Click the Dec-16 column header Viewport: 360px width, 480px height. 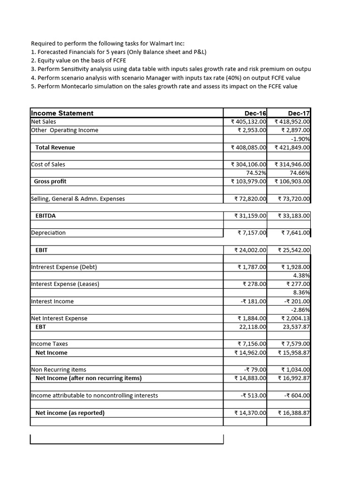(255, 113)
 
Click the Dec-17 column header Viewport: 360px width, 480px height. (299, 113)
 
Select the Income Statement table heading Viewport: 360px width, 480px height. (62, 113)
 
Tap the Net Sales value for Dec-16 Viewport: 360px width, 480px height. (249, 122)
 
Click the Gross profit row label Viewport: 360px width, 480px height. (50, 181)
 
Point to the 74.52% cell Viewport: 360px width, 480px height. (256, 173)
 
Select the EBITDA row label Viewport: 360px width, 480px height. (46, 216)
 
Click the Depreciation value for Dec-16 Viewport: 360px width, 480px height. (252, 232)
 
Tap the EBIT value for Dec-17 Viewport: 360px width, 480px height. (294, 250)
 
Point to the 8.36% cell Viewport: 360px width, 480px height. (301, 292)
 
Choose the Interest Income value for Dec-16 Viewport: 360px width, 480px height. (253, 301)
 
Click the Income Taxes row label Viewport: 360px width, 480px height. (49, 344)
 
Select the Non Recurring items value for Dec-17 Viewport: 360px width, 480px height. (295, 369)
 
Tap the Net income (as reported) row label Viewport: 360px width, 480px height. (70, 413)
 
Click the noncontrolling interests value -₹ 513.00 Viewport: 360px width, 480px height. (253, 396)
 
